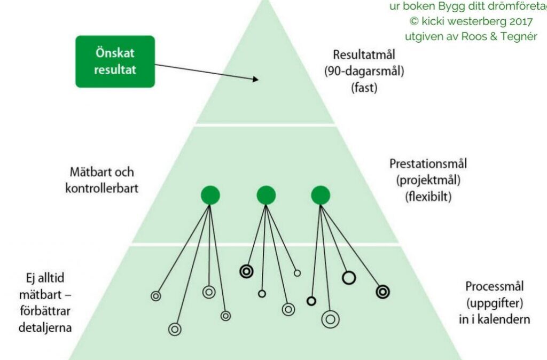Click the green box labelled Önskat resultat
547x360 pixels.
(x=115, y=61)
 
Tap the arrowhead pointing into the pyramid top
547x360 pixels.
(x=255, y=79)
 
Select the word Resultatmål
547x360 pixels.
(x=364, y=55)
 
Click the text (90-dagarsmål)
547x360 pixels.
(x=364, y=71)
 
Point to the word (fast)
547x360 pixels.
(x=364, y=87)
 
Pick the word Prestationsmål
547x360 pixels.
(x=428, y=163)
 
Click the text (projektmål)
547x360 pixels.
(x=428, y=180)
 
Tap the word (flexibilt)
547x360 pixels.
(x=428, y=197)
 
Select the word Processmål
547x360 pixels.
(x=494, y=286)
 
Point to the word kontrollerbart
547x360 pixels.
(x=102, y=189)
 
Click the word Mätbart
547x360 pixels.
(x=87, y=172)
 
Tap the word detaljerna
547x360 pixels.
(x=45, y=327)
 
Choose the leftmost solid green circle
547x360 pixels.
(x=210, y=195)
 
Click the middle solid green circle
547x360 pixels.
(x=266, y=195)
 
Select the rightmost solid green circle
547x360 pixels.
(x=321, y=195)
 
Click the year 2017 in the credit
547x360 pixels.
(x=521, y=21)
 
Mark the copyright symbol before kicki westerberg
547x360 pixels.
(x=414, y=21)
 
